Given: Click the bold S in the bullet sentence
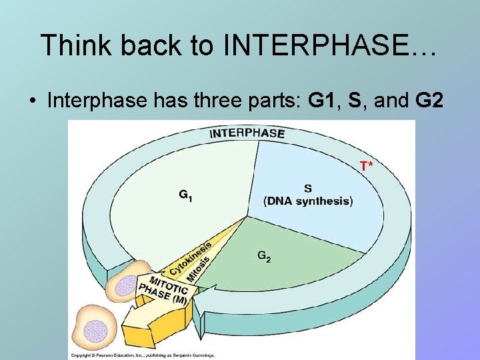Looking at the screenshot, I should pyautogui.click(x=355, y=101).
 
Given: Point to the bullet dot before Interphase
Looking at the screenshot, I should pyautogui.click(x=32, y=101).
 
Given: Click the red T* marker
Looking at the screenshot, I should pyautogui.click(x=367, y=165).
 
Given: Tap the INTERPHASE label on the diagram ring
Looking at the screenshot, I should pyautogui.click(x=247, y=133).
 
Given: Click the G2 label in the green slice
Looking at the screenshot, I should pyautogui.click(x=264, y=256).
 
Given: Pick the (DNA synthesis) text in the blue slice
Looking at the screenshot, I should pyautogui.click(x=308, y=201).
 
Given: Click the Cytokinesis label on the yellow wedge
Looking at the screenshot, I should pyautogui.click(x=189, y=257).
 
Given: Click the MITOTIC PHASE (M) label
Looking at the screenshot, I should pyautogui.click(x=166, y=290).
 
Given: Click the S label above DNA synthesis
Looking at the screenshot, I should pyautogui.click(x=307, y=189).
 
